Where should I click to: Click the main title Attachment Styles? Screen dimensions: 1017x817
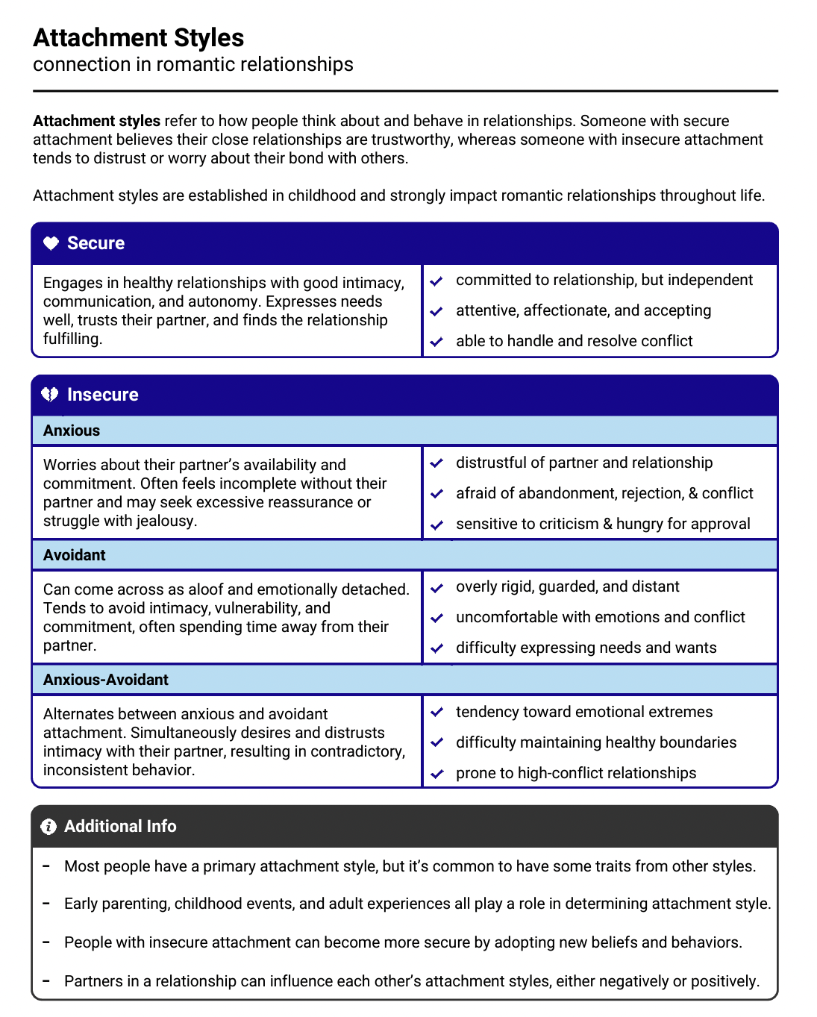[x=138, y=37]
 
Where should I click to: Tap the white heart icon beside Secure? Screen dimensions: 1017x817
[x=51, y=243]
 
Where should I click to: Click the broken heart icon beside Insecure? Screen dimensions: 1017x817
[x=50, y=394]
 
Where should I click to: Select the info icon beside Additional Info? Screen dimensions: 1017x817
[x=48, y=826]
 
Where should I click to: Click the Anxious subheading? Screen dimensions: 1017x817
[x=72, y=431]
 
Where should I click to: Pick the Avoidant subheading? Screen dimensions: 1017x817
[x=75, y=555]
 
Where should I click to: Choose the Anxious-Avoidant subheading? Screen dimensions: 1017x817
[x=106, y=680]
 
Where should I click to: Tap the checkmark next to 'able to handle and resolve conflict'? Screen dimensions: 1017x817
[x=437, y=342]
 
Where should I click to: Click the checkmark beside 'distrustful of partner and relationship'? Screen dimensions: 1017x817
[x=437, y=463]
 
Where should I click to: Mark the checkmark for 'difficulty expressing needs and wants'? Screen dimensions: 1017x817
[x=437, y=648]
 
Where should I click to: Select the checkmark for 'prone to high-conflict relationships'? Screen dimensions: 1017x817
[x=437, y=774]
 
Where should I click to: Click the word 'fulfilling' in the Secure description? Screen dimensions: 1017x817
[x=72, y=339]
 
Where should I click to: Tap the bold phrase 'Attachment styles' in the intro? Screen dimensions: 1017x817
[x=96, y=121]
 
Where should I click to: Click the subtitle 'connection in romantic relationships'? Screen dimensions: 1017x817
[x=193, y=64]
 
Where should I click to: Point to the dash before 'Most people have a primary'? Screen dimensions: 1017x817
[x=46, y=866]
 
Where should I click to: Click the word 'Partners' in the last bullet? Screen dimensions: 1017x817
[x=95, y=981]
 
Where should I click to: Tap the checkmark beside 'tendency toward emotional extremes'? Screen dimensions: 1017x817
[x=437, y=713]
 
